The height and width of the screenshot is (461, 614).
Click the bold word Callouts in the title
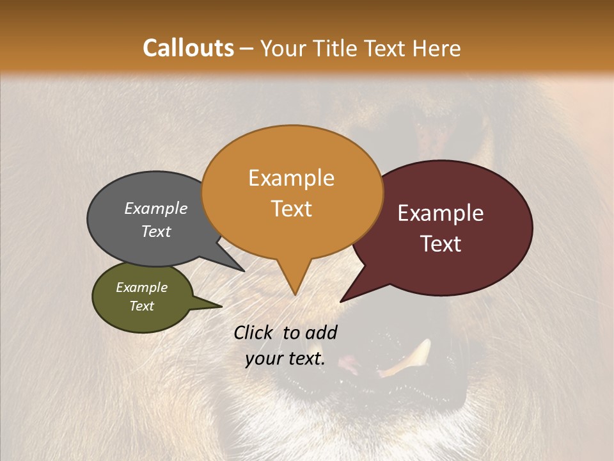(x=188, y=48)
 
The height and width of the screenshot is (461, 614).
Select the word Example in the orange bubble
(x=291, y=178)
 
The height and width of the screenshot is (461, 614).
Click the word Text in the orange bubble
(x=291, y=209)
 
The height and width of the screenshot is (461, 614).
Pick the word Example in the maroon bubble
(x=441, y=213)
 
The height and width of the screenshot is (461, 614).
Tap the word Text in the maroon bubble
(x=441, y=244)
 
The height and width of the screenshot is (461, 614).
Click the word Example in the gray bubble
(x=156, y=208)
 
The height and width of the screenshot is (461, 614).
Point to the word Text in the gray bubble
(x=156, y=231)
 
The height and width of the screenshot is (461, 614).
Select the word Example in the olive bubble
(x=141, y=287)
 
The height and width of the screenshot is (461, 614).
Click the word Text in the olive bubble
(x=141, y=306)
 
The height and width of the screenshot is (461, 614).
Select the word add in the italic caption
(x=321, y=333)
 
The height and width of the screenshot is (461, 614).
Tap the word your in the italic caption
(x=264, y=359)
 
